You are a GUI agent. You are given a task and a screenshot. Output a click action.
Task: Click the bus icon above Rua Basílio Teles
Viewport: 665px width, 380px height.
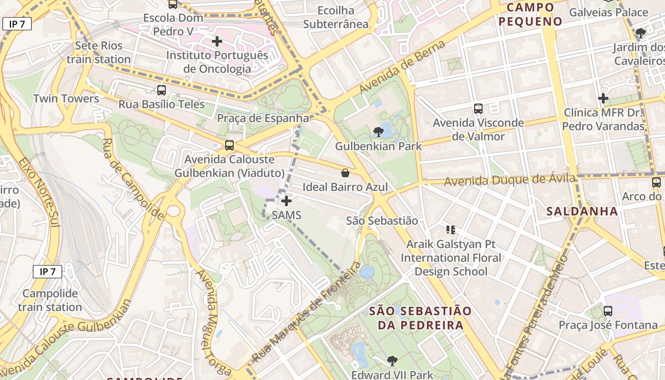tap(161, 90)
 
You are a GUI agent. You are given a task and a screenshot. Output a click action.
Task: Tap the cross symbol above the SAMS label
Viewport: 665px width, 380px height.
tap(286, 201)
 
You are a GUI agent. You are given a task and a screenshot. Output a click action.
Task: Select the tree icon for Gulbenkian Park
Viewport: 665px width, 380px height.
tap(378, 132)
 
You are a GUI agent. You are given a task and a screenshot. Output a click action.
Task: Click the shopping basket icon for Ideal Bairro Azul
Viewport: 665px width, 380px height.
tap(345, 173)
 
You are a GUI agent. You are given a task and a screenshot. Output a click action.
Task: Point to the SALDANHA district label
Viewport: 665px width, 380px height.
tap(582, 211)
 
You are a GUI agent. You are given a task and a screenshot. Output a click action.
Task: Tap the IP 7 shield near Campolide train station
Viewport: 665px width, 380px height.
tap(47, 272)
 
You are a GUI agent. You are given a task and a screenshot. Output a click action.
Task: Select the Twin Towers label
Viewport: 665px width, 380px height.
tap(66, 99)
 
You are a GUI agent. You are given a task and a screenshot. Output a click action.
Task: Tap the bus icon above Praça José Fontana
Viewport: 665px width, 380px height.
tap(608, 311)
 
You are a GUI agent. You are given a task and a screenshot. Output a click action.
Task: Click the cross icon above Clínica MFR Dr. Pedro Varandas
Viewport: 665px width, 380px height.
tap(603, 98)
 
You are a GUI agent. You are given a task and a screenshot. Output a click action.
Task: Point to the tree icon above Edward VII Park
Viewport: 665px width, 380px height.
tap(392, 361)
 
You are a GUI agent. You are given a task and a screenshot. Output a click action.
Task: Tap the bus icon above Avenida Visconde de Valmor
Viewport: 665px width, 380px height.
tap(478, 109)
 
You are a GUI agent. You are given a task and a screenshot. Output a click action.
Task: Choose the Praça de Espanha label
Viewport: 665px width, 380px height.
tap(263, 118)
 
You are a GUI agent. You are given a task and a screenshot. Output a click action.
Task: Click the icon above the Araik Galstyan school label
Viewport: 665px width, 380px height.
tap(451, 230)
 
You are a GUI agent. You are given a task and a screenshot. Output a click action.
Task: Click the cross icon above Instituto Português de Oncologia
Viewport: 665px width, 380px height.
tap(217, 41)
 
